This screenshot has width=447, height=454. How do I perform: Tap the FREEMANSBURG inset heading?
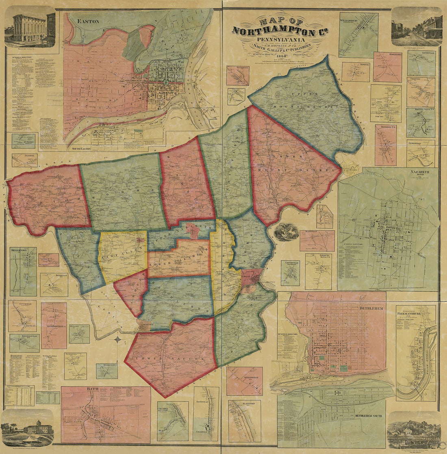pos(415,313)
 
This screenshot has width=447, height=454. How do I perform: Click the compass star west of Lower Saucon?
pos(117,338)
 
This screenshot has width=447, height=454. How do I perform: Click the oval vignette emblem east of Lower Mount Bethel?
pos(286,231)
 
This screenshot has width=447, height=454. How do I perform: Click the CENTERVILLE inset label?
pos(290,263)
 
